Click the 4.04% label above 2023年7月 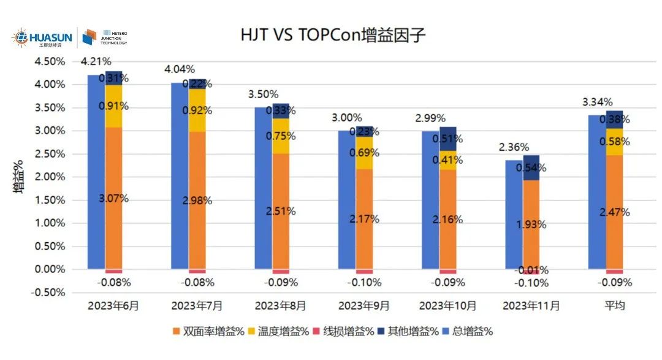pos(179,69)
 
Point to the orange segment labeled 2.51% pos(281,211)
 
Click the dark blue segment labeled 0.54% pos(531,167)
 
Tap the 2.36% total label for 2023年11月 pos(514,147)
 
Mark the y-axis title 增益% pos(19,177)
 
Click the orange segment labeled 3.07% pos(114,198)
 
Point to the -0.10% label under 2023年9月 pos(365,283)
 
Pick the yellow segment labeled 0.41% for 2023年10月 pos(448,160)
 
